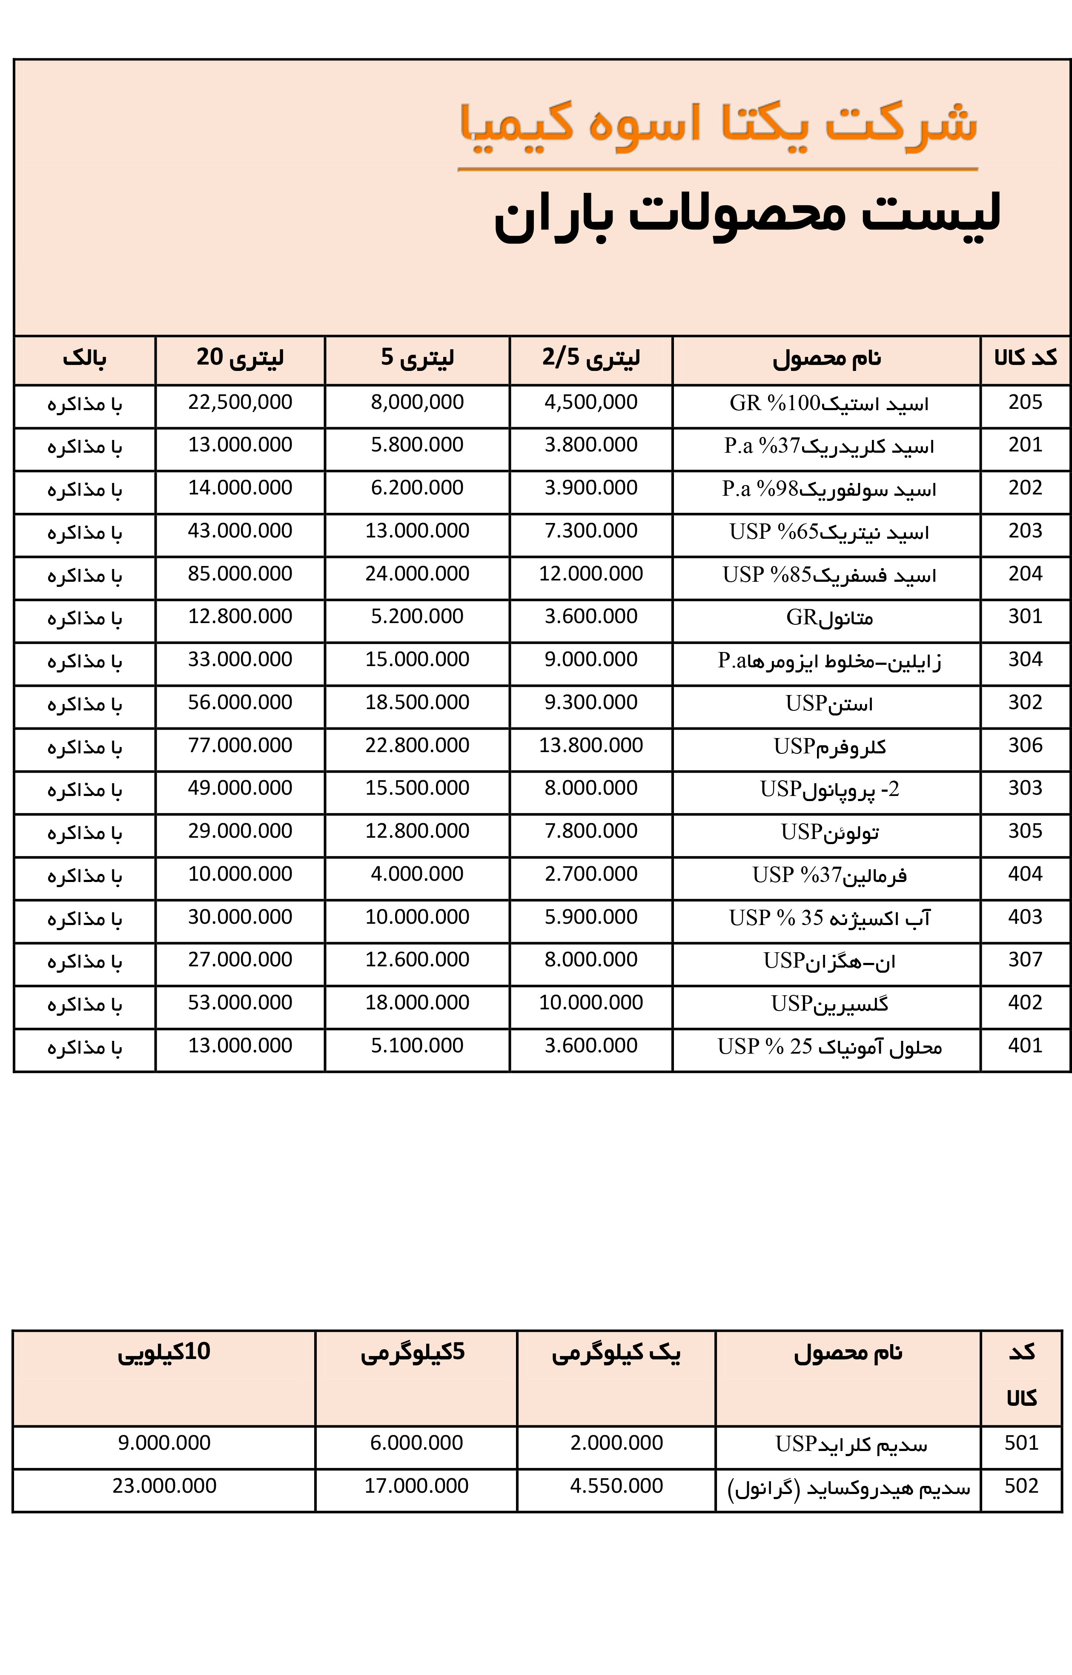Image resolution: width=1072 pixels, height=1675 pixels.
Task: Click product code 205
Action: click(1025, 402)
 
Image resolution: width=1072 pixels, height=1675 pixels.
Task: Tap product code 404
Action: click(1025, 874)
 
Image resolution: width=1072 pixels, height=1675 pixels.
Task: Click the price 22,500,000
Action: click(240, 402)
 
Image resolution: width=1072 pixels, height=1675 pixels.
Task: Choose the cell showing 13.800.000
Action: click(591, 746)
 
